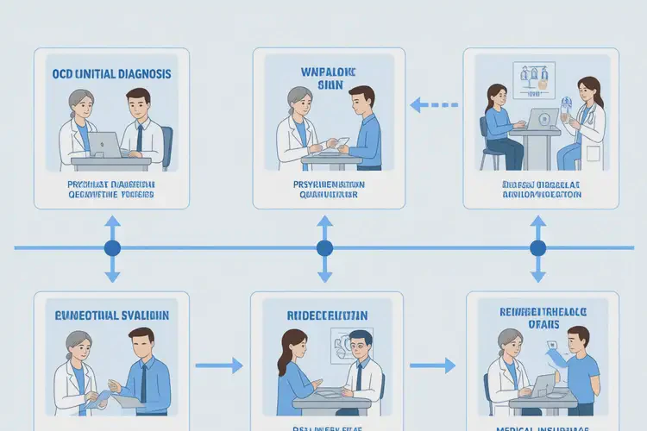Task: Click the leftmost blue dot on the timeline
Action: point(112,248)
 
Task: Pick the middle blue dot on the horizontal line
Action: point(324,248)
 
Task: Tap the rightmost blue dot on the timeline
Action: point(537,248)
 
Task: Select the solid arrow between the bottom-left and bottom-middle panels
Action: point(219,365)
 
